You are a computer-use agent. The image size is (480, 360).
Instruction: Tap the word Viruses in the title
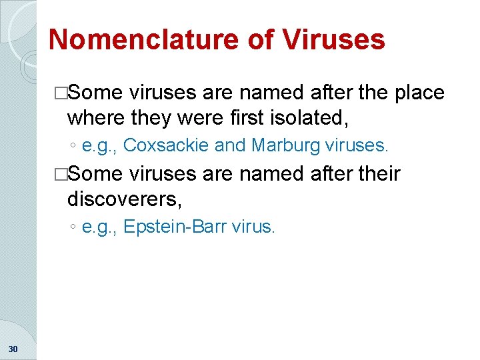click(334, 39)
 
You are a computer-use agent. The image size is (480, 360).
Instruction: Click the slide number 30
click(14, 348)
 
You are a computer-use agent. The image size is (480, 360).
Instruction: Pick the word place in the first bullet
click(419, 92)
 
